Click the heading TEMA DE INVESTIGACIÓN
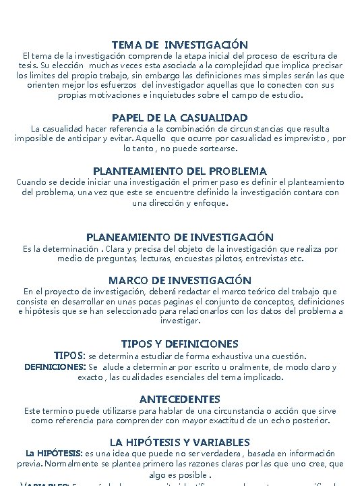(180, 44)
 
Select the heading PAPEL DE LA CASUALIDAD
(180, 117)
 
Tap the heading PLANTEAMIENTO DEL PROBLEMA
(180, 171)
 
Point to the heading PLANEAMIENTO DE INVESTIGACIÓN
(180, 237)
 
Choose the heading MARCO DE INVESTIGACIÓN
(180, 280)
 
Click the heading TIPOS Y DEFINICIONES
(180, 344)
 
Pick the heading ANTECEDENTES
(180, 399)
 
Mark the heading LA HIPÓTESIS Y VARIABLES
(180, 442)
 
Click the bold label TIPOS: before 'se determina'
(69, 355)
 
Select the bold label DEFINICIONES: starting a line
(55, 367)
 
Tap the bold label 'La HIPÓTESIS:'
(44, 453)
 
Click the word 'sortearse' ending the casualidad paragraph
(215, 148)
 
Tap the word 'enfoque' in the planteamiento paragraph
(208, 202)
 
